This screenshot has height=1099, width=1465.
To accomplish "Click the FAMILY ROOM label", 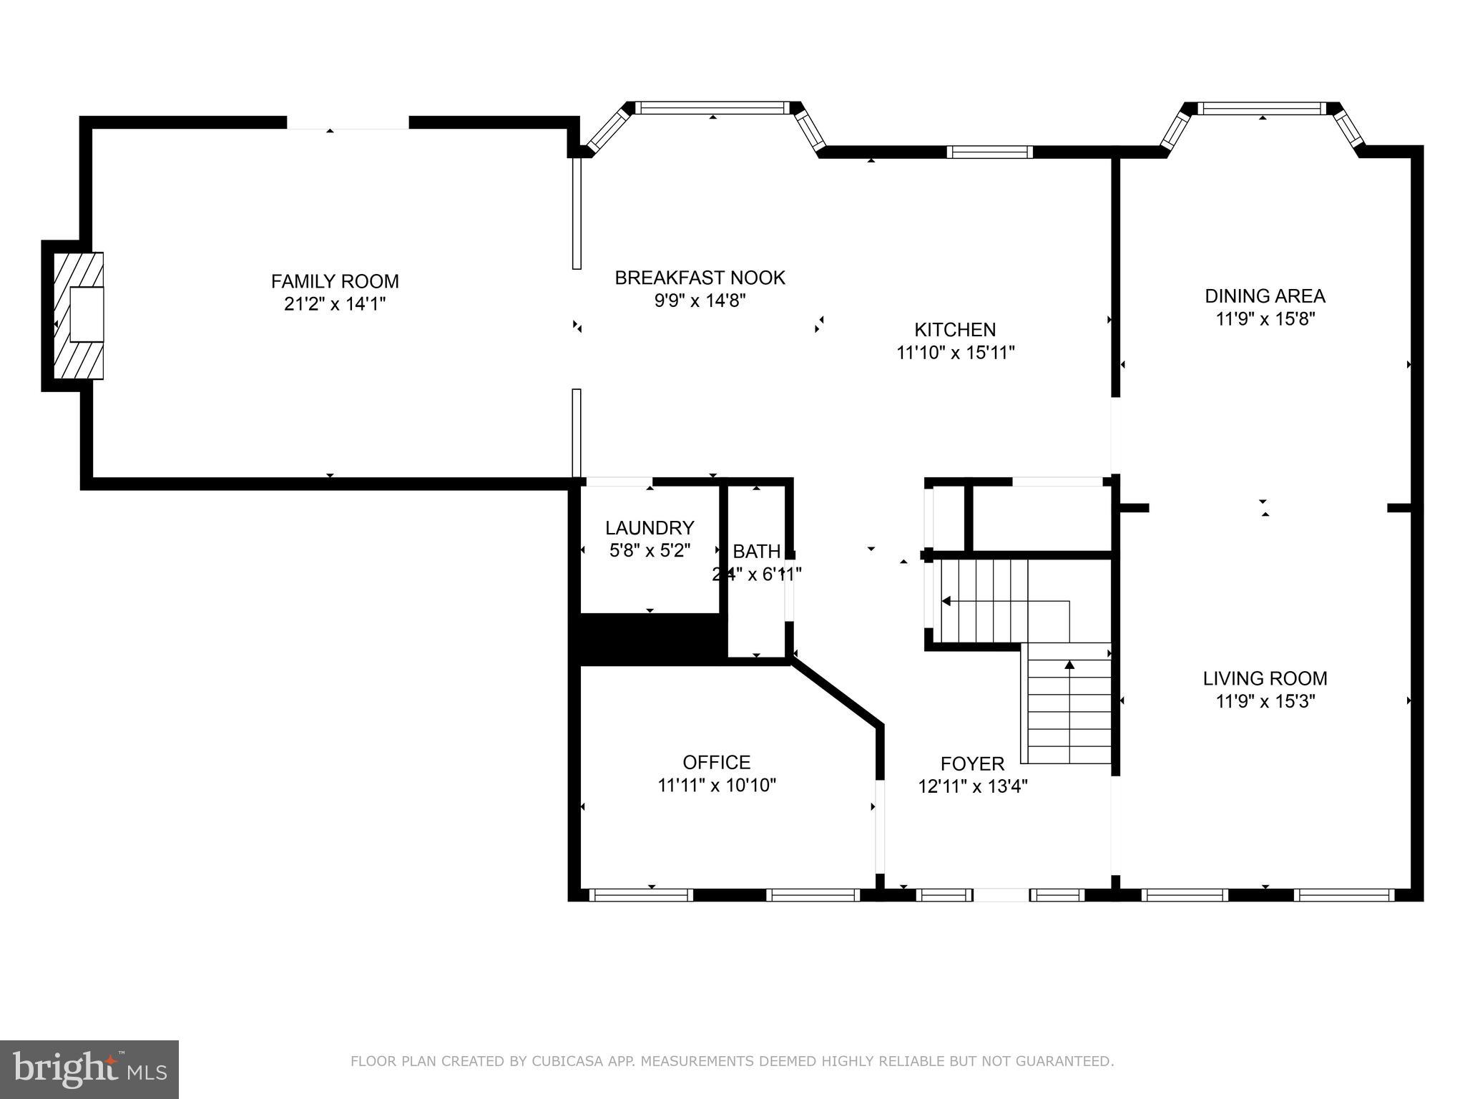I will point(335,281).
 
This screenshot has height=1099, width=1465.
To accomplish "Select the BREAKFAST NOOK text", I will point(700,278).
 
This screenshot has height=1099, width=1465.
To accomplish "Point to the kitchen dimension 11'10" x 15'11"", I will point(955,353).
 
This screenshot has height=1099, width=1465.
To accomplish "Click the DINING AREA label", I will point(1265,295).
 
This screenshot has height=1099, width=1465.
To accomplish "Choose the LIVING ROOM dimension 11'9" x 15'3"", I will point(1265,701).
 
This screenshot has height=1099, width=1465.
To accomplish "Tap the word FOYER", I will point(972,764).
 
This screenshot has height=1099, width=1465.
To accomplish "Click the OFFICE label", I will point(716,762).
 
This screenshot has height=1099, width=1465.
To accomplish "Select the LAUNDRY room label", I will point(650,528).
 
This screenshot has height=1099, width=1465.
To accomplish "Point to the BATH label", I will point(756,552).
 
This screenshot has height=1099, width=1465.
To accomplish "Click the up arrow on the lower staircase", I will point(1069,665).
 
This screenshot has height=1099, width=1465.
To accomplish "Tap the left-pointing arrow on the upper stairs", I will point(946,601).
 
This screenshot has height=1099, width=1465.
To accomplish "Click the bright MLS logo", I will point(89,1069).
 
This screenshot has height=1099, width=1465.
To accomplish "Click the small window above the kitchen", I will point(989,152).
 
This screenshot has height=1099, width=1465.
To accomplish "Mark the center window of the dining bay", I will point(1262,109).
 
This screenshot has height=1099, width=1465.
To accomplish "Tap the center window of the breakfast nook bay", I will point(712,108).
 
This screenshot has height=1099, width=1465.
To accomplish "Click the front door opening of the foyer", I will point(1001,894).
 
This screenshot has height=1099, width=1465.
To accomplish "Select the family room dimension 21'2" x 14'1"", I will point(335,304).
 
